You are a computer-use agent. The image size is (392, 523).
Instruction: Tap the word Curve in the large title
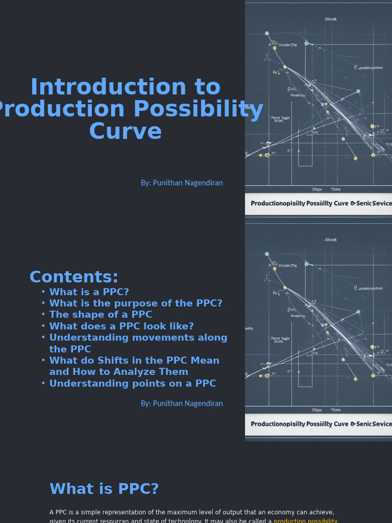pyautogui.click(x=125, y=132)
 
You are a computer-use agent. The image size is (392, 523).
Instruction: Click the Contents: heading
pyautogui.click(x=73, y=277)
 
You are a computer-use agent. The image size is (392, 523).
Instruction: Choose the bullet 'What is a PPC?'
pyautogui.click(x=89, y=292)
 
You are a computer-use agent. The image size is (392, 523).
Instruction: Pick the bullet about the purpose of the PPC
pyautogui.click(x=136, y=303)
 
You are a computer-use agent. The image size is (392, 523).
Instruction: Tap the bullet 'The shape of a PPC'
pyautogui.click(x=101, y=315)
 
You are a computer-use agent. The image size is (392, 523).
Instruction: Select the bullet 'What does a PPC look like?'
pyautogui.click(x=121, y=326)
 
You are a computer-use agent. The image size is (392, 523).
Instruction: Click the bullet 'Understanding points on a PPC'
pyautogui.click(x=132, y=384)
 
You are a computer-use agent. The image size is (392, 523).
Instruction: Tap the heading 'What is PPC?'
pyautogui.click(x=104, y=489)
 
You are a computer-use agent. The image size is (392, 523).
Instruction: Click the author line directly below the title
pyautogui.click(x=182, y=183)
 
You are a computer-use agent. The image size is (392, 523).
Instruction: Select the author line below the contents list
pyautogui.click(x=182, y=403)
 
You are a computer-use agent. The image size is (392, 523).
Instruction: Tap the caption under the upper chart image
pyautogui.click(x=321, y=203)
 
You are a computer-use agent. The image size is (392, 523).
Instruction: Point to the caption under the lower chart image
pyautogui.click(x=321, y=424)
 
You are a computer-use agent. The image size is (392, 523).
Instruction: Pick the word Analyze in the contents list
pyautogui.click(x=168, y=372)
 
